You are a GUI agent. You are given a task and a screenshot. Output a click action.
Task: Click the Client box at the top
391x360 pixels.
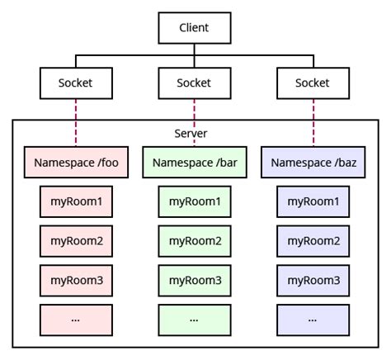[194, 27]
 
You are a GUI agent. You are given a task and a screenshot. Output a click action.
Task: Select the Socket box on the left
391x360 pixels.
[75, 83]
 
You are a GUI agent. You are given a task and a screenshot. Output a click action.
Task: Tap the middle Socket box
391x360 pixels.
[194, 83]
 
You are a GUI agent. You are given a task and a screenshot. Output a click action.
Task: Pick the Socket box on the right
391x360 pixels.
[313, 83]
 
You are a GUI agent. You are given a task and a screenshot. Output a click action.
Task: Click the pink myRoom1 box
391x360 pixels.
[75, 201]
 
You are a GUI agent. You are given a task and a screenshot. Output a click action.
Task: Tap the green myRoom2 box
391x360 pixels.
[194, 240]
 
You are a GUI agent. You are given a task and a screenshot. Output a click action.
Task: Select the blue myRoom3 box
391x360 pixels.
[313, 280]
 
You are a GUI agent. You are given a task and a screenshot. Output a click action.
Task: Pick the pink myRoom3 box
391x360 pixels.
[75, 280]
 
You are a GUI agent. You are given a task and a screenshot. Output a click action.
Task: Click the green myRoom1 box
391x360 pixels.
[194, 201]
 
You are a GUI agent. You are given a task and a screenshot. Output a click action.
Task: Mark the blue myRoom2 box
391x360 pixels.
[313, 240]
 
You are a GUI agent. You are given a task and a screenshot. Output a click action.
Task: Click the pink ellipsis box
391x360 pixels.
[75, 319]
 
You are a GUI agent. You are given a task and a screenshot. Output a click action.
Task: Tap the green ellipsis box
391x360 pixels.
[194, 319]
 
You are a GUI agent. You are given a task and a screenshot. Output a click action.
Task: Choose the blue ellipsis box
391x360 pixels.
[313, 319]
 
